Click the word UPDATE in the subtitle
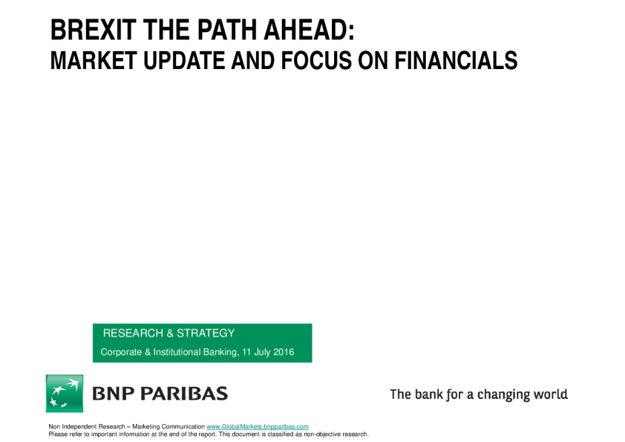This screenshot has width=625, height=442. [184, 60]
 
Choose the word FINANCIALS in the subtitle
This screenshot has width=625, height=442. [456, 60]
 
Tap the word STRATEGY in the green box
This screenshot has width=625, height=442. [206, 333]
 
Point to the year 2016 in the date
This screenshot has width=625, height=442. [284, 352]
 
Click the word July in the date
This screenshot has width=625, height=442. [262, 353]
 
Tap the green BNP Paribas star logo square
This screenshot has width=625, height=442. [65, 393]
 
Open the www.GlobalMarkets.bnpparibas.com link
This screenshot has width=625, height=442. [258, 426]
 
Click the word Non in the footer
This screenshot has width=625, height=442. [54, 426]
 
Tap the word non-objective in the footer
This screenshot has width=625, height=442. [321, 434]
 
